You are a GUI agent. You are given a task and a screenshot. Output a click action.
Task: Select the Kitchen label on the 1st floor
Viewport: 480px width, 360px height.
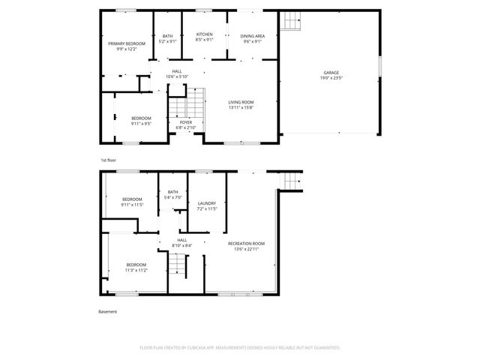coord(205,34)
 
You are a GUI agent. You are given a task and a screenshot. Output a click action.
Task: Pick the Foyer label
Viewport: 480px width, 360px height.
coord(185,122)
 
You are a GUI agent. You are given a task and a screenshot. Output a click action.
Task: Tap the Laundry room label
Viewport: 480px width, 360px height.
coord(206,203)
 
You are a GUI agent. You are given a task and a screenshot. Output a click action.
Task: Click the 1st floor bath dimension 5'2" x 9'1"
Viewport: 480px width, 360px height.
coord(167,41)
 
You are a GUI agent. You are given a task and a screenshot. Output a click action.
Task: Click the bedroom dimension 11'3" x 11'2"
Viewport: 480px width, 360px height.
coord(136,270)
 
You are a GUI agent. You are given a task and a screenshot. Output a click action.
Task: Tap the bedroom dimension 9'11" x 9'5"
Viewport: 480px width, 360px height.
coord(142,124)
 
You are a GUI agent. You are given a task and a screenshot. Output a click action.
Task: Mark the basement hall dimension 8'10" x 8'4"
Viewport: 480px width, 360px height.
coord(181,245)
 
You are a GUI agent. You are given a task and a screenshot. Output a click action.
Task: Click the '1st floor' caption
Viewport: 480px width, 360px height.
coord(109,160)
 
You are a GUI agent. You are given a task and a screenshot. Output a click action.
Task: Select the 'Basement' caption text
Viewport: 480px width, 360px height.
coord(108,311)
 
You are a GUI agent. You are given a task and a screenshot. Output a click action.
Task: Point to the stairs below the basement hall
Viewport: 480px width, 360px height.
coord(176,265)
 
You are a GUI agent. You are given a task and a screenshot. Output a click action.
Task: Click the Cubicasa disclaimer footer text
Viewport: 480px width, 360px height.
coord(240,348)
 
